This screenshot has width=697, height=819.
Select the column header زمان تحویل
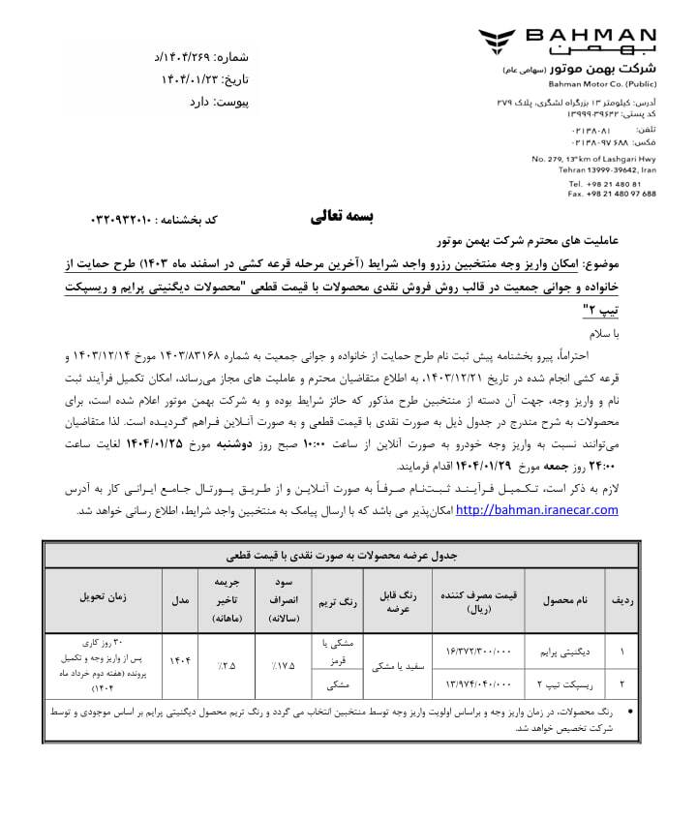107,599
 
